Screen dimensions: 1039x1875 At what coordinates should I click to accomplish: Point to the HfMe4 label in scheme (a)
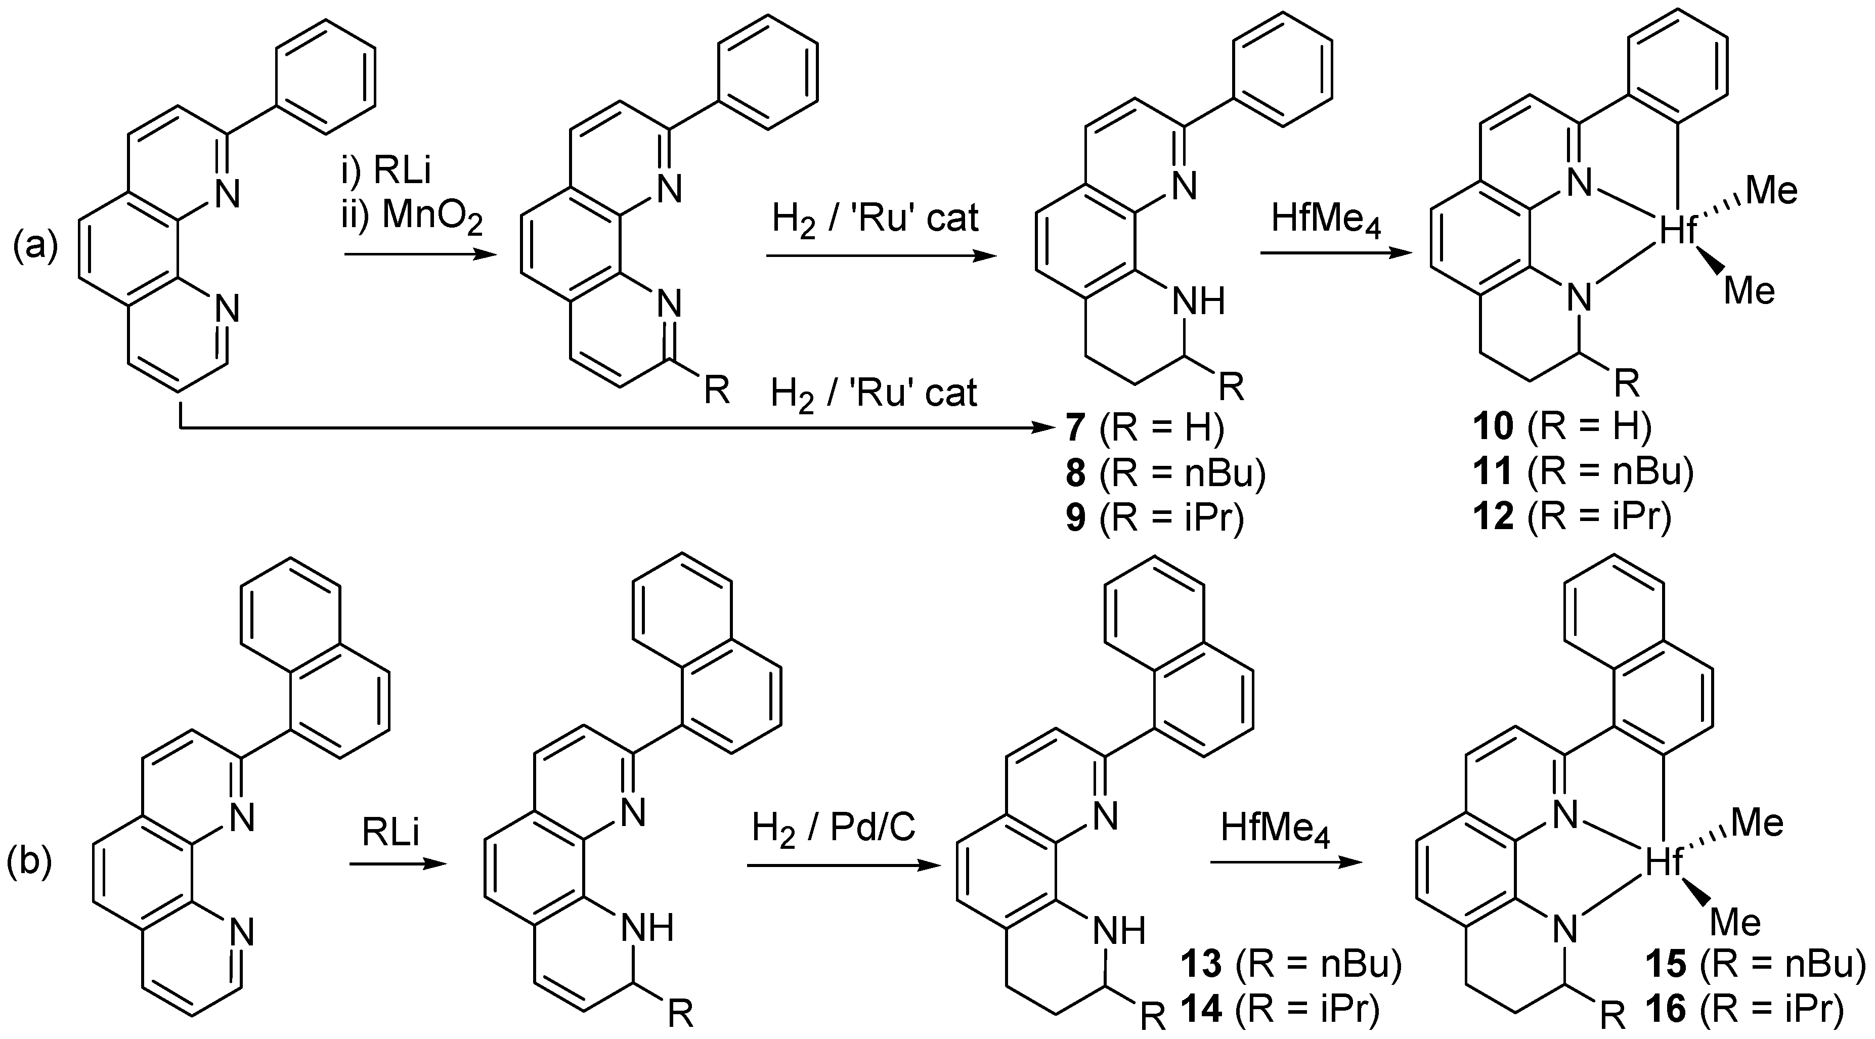[x=1326, y=219]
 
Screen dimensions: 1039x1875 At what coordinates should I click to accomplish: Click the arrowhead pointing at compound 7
[x=1041, y=429]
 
